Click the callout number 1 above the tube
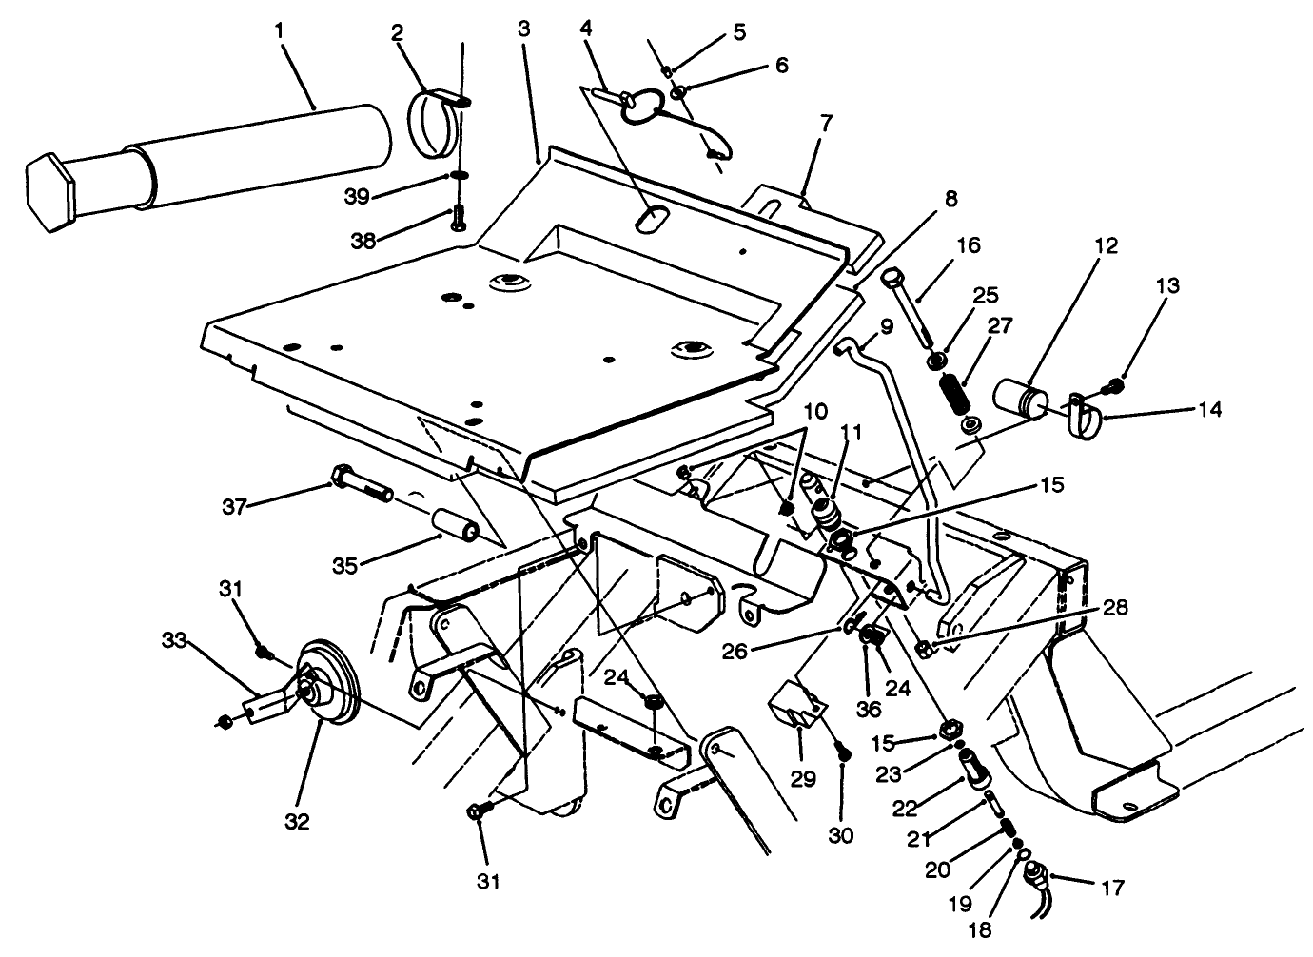[x=279, y=30]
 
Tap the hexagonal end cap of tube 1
[x=46, y=188]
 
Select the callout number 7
[x=825, y=123]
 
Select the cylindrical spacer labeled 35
[x=454, y=525]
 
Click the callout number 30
[x=841, y=836]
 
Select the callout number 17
[x=1111, y=889]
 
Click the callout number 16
[x=968, y=245]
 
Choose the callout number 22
[x=907, y=809]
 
